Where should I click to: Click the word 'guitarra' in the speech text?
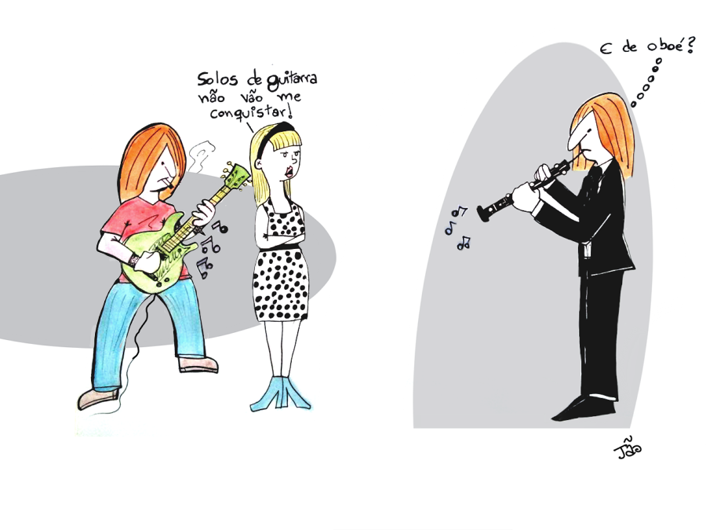(x=292, y=80)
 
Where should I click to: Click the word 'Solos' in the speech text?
(x=217, y=79)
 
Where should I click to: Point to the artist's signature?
(x=628, y=448)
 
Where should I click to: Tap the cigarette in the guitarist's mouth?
(x=170, y=183)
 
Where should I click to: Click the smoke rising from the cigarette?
(x=202, y=155)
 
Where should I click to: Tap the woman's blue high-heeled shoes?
(x=281, y=393)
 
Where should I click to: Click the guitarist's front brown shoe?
(x=98, y=398)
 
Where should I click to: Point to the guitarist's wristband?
(x=133, y=260)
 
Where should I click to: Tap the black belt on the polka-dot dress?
(x=279, y=247)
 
